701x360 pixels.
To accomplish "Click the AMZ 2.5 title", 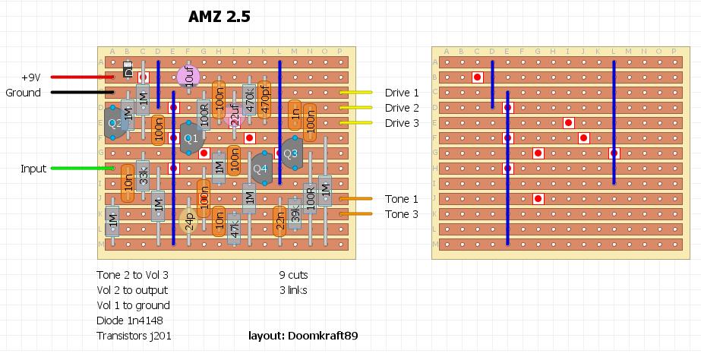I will [219, 17].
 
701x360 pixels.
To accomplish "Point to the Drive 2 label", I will [402, 108].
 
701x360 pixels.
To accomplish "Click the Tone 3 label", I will [402, 214].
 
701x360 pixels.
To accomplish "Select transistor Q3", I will [291, 153].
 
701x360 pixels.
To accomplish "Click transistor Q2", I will [115, 122].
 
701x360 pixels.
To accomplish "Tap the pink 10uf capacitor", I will [188, 76].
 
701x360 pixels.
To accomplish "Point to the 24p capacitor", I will [189, 220].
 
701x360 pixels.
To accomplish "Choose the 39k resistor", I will [295, 214].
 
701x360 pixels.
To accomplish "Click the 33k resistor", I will [143, 176].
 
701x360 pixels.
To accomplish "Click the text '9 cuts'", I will [293, 275].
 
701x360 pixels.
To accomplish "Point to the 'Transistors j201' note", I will [134, 336].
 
